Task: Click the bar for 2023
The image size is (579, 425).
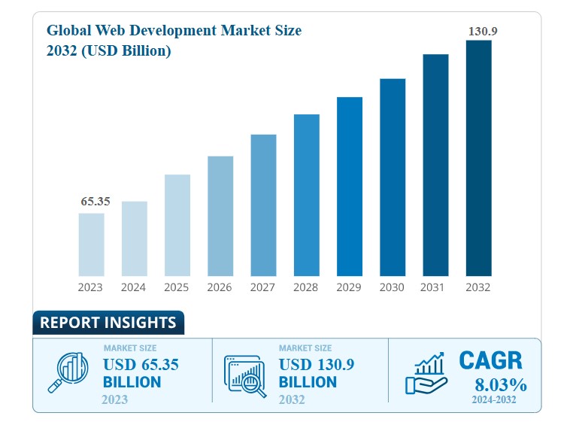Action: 91,244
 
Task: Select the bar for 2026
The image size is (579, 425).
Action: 220,216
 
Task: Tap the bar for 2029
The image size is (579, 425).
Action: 350,187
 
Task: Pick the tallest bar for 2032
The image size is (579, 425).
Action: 478,158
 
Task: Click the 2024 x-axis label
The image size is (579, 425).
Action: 134,287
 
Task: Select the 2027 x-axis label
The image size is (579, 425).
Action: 263,287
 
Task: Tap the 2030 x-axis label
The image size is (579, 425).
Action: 392,287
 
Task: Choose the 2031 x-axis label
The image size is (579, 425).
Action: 435,287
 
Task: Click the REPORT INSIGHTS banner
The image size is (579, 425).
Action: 108,323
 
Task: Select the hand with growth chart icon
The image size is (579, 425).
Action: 426,375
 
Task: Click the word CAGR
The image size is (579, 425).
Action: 490,361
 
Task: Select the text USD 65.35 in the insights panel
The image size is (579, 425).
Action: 141,365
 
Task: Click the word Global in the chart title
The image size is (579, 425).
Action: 71,31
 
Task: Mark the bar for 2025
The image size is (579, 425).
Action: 177,225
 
